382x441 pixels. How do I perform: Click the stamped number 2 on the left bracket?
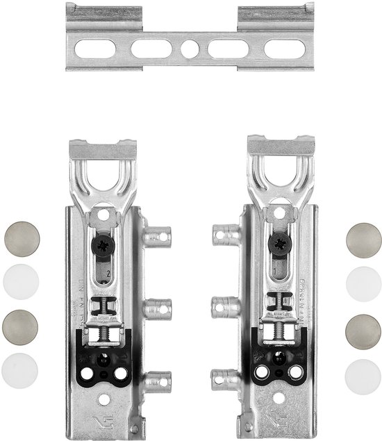pyautogui.click(x=108, y=273)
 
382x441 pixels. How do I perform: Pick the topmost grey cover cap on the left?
pyautogui.click(x=21, y=238)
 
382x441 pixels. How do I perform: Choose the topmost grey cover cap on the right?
pyautogui.click(x=363, y=238)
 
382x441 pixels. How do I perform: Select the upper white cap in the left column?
pyautogui.click(x=21, y=281)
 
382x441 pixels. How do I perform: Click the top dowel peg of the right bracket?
pyautogui.click(x=224, y=233)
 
